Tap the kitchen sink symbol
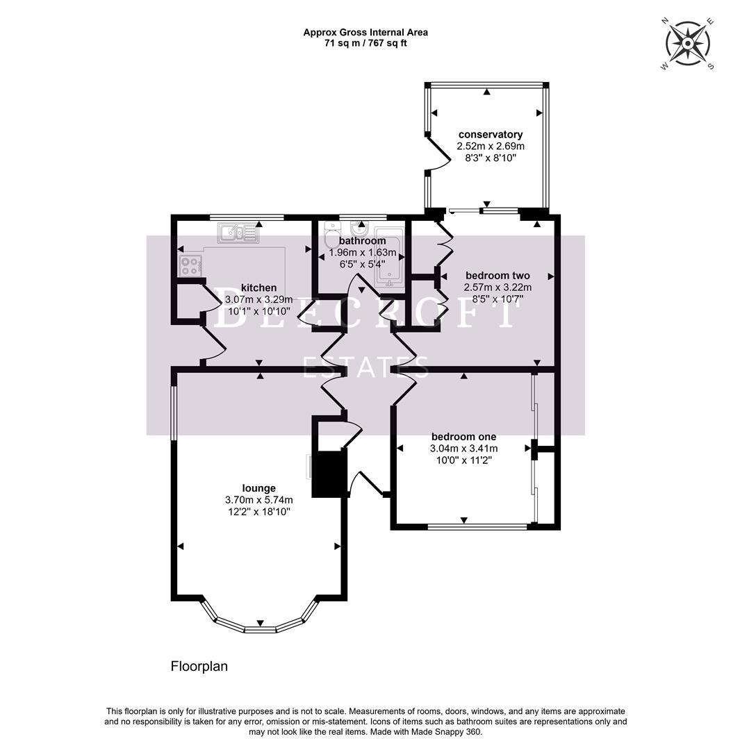tap(238, 233)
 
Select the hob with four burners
tap(190, 265)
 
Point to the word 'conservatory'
tap(491, 135)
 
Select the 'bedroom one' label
tap(463, 437)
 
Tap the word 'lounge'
tap(259, 488)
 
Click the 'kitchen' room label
tap(258, 288)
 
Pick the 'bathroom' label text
tap(362, 241)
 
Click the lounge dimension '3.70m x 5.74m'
tap(259, 500)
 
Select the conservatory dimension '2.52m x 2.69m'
tap(491, 147)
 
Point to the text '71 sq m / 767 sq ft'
tap(365, 43)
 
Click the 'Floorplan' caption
tap(199, 667)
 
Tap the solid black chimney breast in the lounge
tap(329, 474)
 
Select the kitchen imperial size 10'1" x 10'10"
tap(258, 312)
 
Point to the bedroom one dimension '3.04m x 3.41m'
tap(463, 449)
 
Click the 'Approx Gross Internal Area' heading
tap(365, 32)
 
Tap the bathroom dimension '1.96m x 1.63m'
tap(362, 252)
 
